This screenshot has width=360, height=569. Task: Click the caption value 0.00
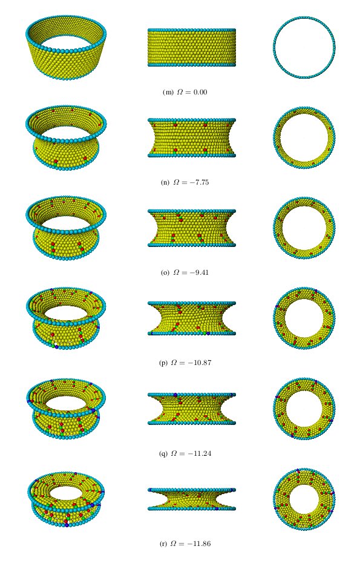(x=200, y=92)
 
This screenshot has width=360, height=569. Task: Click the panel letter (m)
(x=168, y=92)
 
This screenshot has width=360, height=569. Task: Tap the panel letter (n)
(x=165, y=183)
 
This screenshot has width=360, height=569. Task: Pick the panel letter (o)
(x=165, y=272)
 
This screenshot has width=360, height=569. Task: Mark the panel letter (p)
(x=163, y=363)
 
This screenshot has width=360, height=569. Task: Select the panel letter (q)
(x=163, y=453)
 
